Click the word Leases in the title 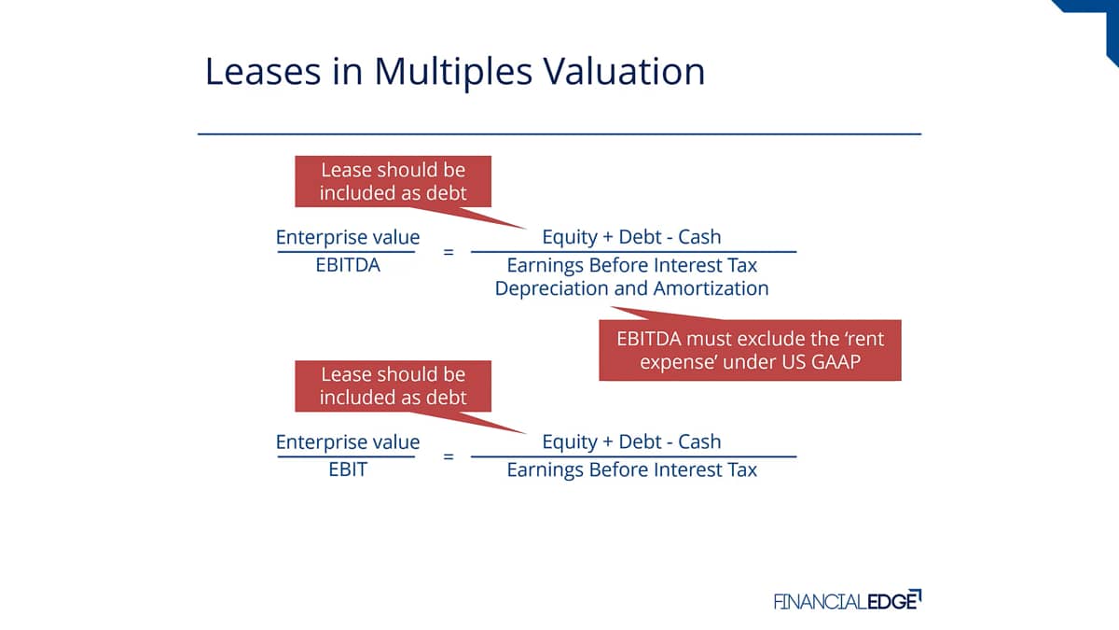pyautogui.click(x=263, y=71)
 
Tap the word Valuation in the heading pyautogui.click(x=624, y=71)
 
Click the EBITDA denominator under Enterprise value pyautogui.click(x=348, y=265)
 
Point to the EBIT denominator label pyautogui.click(x=348, y=469)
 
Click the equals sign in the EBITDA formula pyautogui.click(x=449, y=251)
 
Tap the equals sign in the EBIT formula pyautogui.click(x=449, y=456)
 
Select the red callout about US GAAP pyautogui.click(x=750, y=350)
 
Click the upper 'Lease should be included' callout pyautogui.click(x=394, y=181)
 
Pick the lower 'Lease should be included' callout pyautogui.click(x=394, y=386)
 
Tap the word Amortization pyautogui.click(x=711, y=288)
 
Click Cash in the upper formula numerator pyautogui.click(x=699, y=236)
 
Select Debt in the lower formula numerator pyautogui.click(x=641, y=441)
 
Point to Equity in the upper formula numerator pyautogui.click(x=570, y=237)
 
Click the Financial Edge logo pyautogui.click(x=848, y=600)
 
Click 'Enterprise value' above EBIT pyautogui.click(x=348, y=442)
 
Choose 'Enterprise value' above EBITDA pyautogui.click(x=348, y=237)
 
